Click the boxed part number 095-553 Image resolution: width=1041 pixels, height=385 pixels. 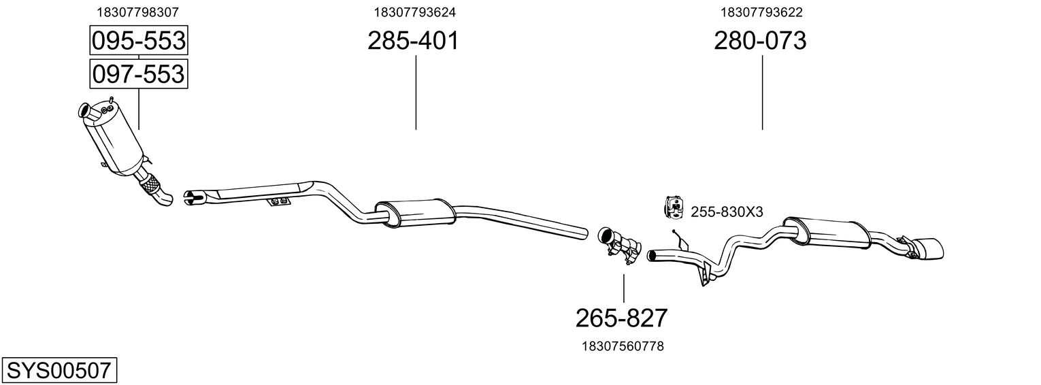[138, 41]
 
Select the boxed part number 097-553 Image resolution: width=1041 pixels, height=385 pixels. [138, 73]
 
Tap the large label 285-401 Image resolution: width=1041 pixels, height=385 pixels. [413, 41]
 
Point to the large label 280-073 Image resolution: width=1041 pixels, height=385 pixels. [760, 41]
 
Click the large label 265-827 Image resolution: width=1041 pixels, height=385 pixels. [622, 318]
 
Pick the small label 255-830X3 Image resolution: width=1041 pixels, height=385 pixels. [727, 212]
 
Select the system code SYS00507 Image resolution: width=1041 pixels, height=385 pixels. [59, 371]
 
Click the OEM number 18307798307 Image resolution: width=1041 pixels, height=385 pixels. [138, 12]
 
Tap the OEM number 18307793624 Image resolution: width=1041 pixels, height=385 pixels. [414, 12]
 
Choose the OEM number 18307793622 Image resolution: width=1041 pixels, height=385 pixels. [762, 12]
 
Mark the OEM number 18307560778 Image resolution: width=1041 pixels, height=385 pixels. [623, 346]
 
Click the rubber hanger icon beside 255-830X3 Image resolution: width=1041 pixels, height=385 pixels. [673, 208]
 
